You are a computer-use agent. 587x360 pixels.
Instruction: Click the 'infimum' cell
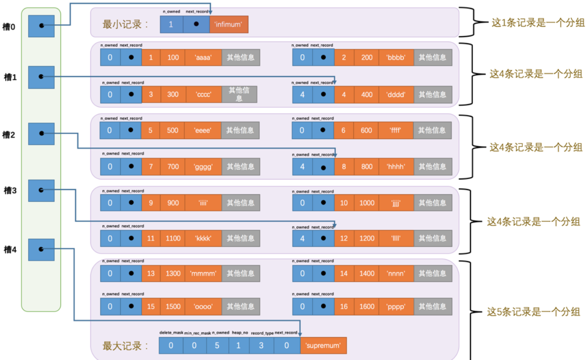tap(229, 24)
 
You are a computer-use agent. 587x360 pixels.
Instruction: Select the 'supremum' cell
tap(323, 345)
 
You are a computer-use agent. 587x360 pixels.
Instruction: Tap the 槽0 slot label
tap(9, 27)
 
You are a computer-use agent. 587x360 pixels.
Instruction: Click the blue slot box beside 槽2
tap(41, 134)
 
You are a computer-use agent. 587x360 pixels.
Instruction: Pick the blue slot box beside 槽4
tap(41, 249)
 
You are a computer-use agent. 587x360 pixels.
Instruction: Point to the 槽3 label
tap(9, 190)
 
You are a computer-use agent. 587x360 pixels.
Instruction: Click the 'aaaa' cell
tap(203, 57)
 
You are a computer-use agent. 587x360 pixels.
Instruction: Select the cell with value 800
tap(367, 167)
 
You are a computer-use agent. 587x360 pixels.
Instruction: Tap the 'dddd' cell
tap(396, 95)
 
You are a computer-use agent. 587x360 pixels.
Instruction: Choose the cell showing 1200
tap(367, 238)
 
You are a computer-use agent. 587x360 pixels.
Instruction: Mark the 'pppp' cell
tap(396, 307)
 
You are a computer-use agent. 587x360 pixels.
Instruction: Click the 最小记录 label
tap(125, 24)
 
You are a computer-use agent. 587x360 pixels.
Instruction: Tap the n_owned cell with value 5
tap(217, 345)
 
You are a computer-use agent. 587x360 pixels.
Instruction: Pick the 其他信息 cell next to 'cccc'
tap(239, 95)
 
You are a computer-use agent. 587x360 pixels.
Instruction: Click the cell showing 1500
tap(173, 307)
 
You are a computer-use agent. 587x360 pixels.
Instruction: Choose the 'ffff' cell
tap(396, 130)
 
